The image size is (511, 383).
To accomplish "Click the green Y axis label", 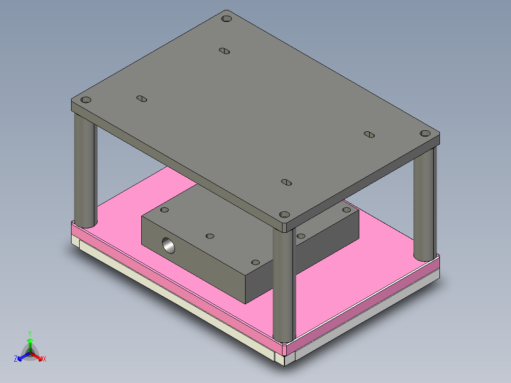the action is tap(30, 333).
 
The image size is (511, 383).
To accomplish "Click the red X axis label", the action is tap(45, 359).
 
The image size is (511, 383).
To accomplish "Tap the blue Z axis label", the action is tap(15, 359).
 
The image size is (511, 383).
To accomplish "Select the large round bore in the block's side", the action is tap(168, 246).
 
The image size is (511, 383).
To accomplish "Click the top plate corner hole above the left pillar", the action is tap(86, 100).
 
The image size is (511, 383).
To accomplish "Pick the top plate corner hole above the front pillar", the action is tap(284, 214).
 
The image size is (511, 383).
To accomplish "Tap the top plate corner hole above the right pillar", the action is tap(425, 133).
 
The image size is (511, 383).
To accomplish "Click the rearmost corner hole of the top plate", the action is tap(226, 18).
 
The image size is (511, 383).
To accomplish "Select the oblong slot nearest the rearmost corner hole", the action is tap(225, 51).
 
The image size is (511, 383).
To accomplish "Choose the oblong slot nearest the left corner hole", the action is tap(141, 99).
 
